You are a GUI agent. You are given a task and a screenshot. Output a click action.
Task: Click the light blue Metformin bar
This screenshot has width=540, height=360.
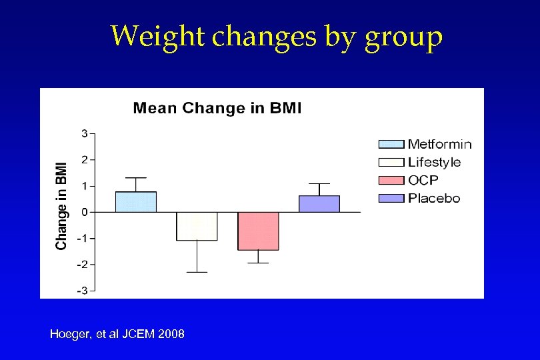(x=136, y=202)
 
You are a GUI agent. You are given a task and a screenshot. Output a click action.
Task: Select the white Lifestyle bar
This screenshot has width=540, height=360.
(x=197, y=226)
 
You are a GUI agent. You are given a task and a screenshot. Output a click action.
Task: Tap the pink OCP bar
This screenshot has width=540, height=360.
(x=258, y=231)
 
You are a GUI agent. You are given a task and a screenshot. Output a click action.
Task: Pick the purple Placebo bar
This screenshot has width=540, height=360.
(x=319, y=204)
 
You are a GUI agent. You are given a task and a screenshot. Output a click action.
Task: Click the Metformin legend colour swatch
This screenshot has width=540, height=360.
(x=391, y=144)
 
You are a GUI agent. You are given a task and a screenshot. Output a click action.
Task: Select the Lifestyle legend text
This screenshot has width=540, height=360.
(x=434, y=162)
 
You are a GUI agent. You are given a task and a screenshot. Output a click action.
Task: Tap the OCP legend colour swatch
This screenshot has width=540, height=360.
(x=391, y=180)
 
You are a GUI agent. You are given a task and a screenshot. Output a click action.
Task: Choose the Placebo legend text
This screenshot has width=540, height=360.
(x=434, y=198)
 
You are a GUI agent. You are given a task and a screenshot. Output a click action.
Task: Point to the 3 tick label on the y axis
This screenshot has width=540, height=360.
(x=84, y=133)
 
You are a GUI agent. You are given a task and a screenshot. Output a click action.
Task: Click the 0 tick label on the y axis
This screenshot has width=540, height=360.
(x=84, y=212)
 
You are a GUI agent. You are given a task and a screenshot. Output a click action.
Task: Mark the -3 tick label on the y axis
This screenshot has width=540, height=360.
(x=82, y=290)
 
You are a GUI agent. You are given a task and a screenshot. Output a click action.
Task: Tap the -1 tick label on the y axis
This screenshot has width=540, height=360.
(x=82, y=238)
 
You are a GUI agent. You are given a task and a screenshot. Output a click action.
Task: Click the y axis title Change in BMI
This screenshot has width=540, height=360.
(x=62, y=205)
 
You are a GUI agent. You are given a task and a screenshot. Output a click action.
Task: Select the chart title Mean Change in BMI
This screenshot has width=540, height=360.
(x=217, y=108)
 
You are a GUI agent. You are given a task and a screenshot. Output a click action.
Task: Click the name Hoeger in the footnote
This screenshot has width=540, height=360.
(x=69, y=333)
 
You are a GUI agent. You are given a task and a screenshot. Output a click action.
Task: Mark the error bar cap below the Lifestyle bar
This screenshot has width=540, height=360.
(x=197, y=272)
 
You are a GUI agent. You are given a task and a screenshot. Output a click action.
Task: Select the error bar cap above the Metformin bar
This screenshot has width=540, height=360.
(x=136, y=178)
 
